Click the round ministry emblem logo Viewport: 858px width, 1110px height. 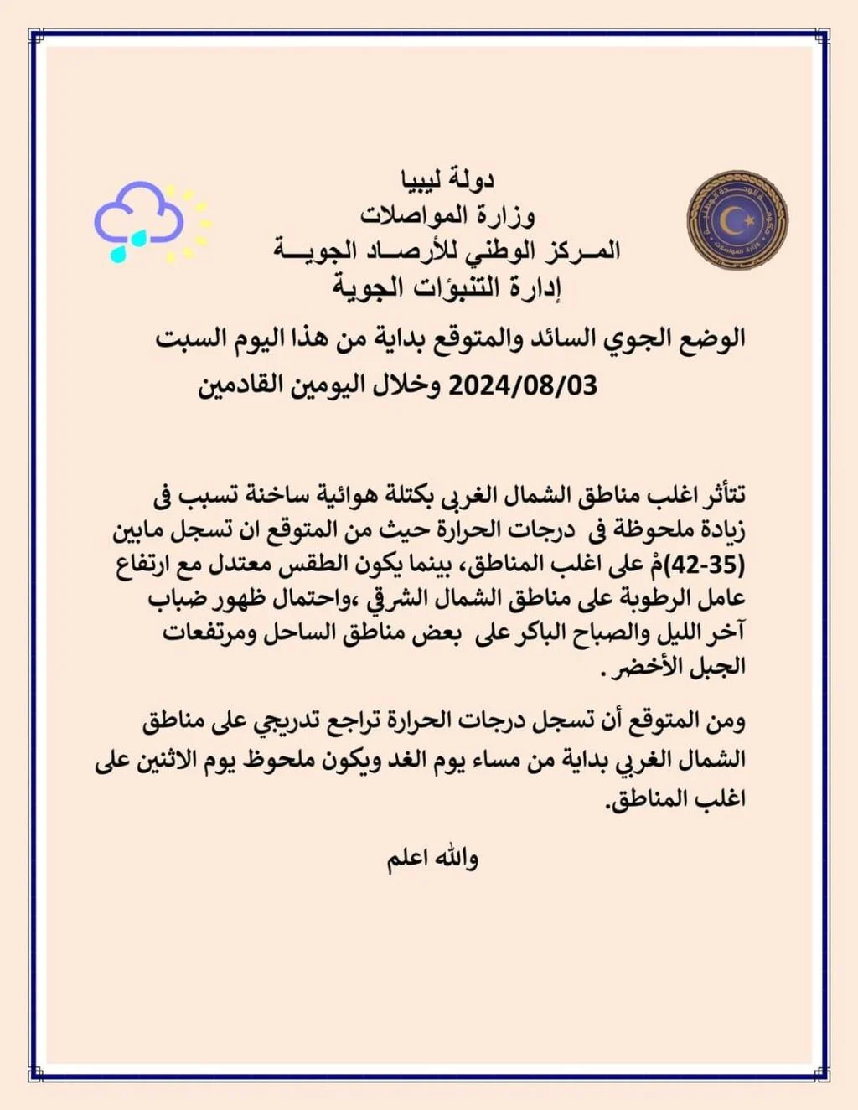[x=737, y=220]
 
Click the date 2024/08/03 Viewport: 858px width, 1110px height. [x=523, y=385]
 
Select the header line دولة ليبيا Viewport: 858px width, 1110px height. [x=448, y=178]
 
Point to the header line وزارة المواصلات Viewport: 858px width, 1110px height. [x=448, y=214]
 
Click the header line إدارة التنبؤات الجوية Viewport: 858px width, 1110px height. [x=447, y=287]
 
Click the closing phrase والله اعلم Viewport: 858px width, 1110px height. [x=432, y=859]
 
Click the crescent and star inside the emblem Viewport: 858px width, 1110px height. [x=737, y=219]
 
